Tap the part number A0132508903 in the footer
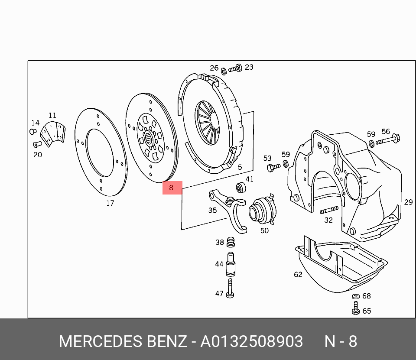(251, 341)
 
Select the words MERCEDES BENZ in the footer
(123, 341)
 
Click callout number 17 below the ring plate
(110, 203)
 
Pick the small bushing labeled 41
(240, 188)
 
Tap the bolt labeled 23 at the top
(235, 69)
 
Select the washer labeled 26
(224, 71)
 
